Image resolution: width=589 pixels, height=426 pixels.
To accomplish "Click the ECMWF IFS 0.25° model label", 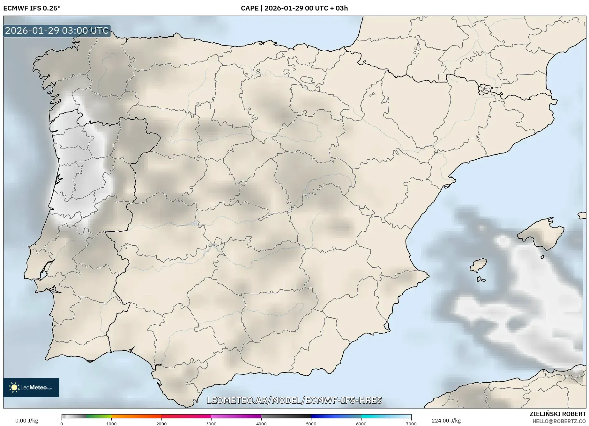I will tap(32, 8).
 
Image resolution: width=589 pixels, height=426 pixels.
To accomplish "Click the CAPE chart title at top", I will tap(294, 8).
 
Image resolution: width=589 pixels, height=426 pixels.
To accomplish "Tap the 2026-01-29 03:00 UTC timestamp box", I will tap(57, 31).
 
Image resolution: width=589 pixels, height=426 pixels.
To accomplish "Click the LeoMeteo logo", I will tap(31, 387).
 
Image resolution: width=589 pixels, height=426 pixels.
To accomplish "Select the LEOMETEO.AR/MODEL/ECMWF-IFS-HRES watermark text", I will tap(294, 400).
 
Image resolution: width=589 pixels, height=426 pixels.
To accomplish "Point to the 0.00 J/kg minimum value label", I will tap(26, 421).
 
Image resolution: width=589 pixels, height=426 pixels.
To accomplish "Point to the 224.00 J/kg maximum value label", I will tap(446, 421).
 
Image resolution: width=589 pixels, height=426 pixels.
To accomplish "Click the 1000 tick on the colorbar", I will tap(111, 424).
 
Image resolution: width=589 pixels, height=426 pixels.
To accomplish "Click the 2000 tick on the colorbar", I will tap(161, 424).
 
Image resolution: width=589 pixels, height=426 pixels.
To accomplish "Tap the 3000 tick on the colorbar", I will tap(211, 424).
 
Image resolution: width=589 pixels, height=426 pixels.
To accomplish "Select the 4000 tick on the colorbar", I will tap(261, 424).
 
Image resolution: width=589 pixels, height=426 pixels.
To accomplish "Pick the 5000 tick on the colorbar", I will tap(311, 424).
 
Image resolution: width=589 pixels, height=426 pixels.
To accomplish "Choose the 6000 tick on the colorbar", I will tap(361, 424).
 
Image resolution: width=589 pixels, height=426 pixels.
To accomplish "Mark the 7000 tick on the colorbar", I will tap(411, 424).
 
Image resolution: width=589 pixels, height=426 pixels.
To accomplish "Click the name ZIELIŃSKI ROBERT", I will tap(558, 414).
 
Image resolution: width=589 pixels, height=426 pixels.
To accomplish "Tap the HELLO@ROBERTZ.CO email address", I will tap(559, 421).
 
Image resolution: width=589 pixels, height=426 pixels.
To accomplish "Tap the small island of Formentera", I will tap(481, 280).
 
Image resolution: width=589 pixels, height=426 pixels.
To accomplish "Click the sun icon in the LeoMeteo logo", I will tap(14, 387).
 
